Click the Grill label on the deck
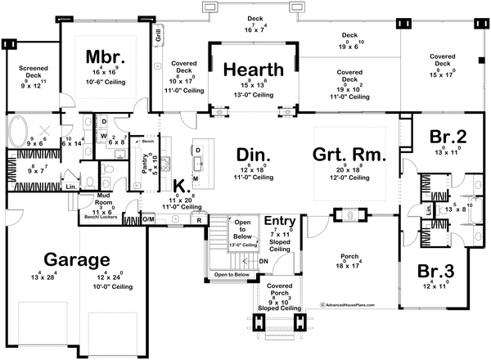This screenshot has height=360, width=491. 158,35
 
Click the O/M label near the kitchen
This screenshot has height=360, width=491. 149,218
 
